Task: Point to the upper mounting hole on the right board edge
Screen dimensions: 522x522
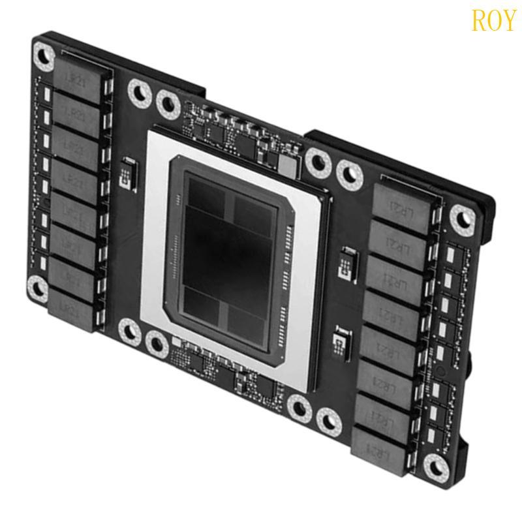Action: point(462,216)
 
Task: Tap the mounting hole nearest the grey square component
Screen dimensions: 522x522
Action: point(318,161)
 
